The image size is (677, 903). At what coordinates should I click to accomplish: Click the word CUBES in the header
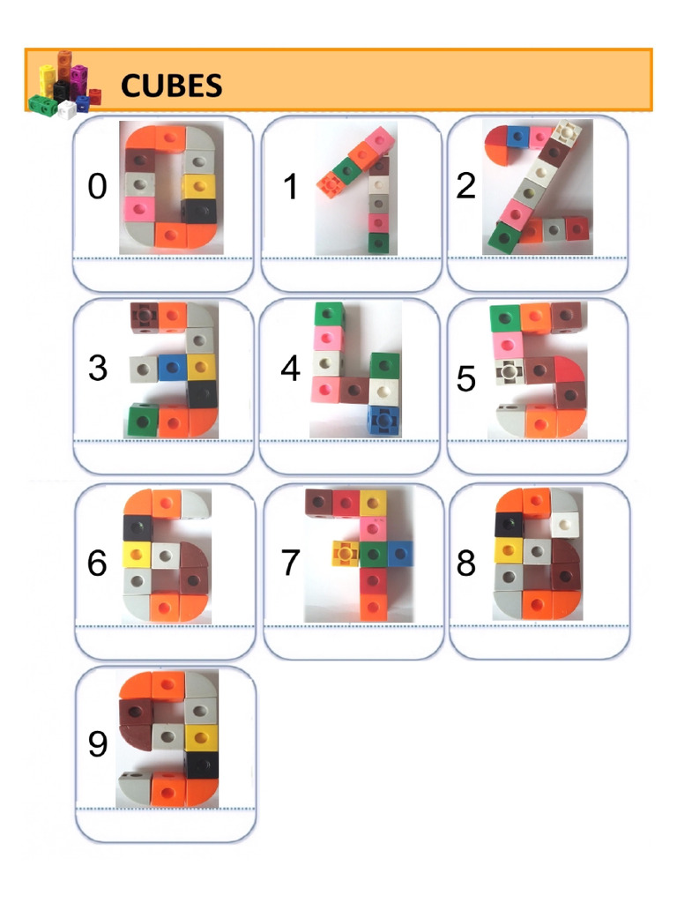coord(171,86)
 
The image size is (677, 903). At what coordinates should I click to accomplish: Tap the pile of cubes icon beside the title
coord(64,84)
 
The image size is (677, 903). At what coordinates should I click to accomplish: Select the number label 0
coord(97,187)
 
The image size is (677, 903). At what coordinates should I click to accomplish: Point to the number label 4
coord(290,369)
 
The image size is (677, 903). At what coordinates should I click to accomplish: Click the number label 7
coord(290,562)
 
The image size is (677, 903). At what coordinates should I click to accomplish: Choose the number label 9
coord(97,745)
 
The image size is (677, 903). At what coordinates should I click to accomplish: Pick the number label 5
coord(466,379)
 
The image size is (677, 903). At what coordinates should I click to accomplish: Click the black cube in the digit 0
coord(199,210)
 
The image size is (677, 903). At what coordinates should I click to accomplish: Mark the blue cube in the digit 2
coord(519,137)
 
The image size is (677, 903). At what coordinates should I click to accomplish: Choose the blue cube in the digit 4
coord(383,420)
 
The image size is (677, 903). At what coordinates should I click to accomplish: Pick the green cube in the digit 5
coord(506,317)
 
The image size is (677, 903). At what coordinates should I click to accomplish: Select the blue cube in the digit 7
coord(399,553)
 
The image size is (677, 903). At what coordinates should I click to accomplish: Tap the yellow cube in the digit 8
coord(507,551)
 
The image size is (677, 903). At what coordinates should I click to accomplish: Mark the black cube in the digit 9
coord(200,765)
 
